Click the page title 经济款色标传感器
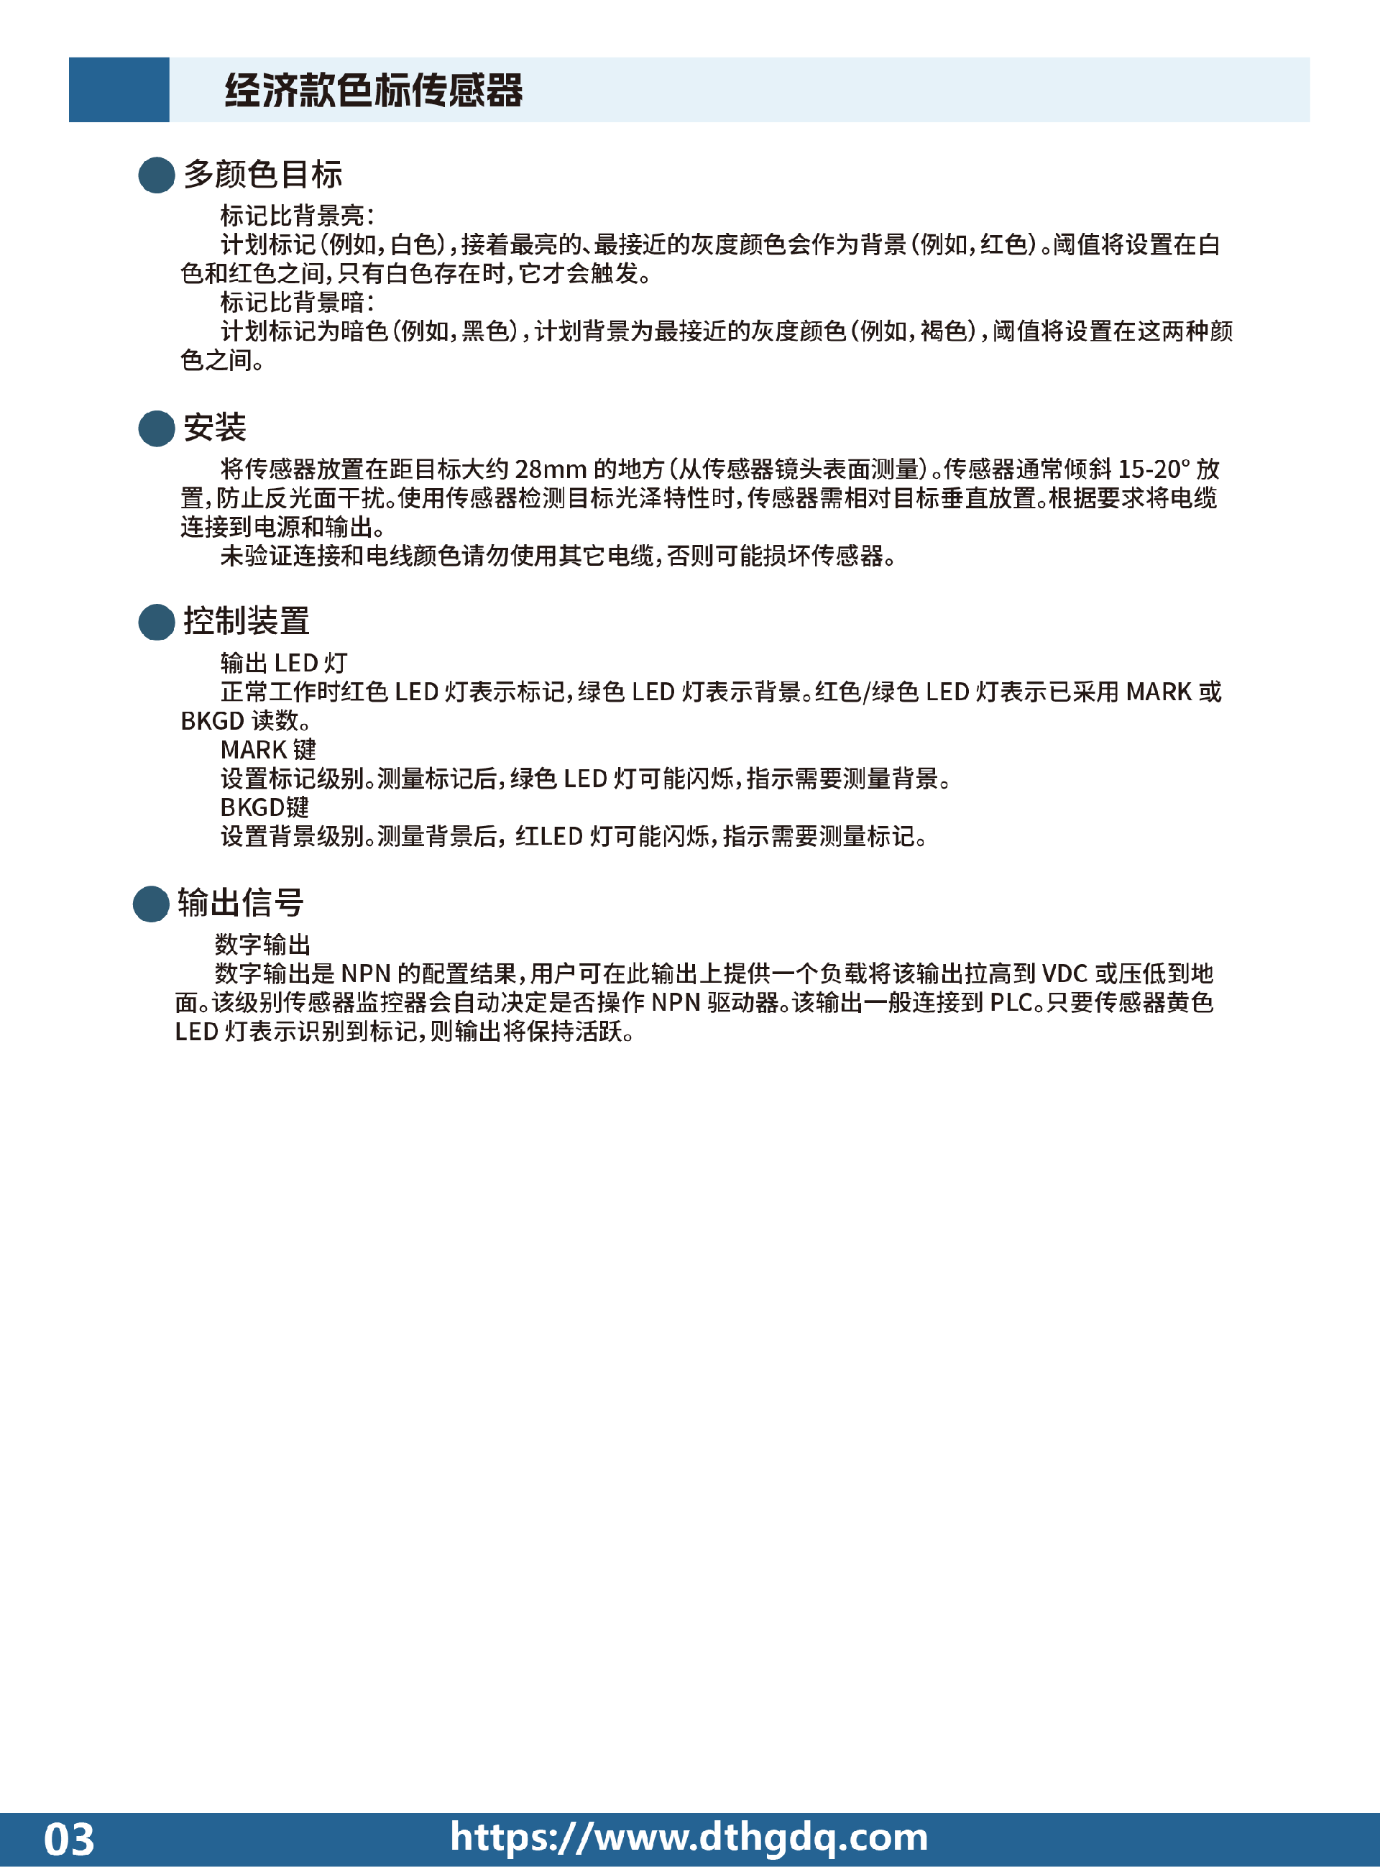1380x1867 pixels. (374, 90)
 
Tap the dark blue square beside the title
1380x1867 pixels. (119, 89)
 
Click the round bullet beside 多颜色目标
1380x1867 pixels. (156, 175)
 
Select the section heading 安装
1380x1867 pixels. (215, 428)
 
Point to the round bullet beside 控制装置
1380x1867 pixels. (156, 623)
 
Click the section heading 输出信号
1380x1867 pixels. (241, 903)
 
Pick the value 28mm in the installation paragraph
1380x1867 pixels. (551, 469)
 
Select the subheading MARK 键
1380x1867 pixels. (268, 749)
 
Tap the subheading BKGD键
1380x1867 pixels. (264, 807)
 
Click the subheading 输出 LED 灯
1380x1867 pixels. (284, 664)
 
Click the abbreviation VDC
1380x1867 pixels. (1064, 974)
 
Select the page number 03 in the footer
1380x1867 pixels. (69, 1840)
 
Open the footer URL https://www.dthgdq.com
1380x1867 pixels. (689, 1837)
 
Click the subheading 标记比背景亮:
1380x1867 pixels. (298, 216)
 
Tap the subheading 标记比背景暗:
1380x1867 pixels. (298, 303)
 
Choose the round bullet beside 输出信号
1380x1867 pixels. (151, 904)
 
